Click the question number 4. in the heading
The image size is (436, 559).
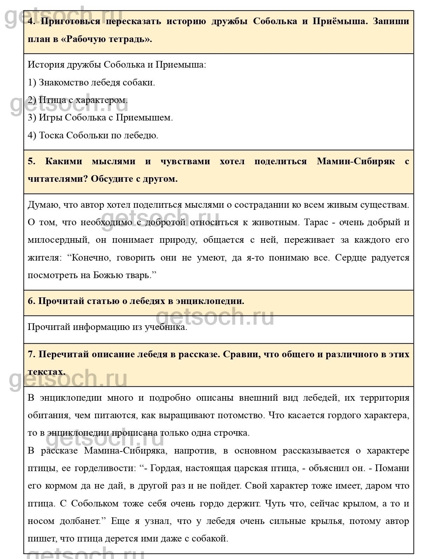32,22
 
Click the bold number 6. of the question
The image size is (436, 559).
31,301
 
